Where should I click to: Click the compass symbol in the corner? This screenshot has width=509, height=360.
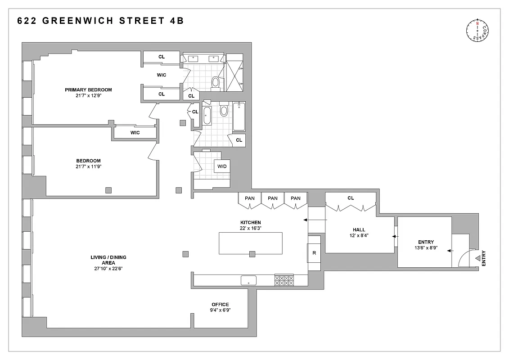pyautogui.click(x=477, y=31)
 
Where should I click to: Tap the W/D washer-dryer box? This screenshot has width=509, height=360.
pyautogui.click(x=222, y=167)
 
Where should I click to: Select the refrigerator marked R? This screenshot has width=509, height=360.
pyautogui.click(x=314, y=253)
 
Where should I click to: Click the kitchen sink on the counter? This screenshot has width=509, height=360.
pyautogui.click(x=248, y=280)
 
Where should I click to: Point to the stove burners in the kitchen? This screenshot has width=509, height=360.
pyautogui.click(x=284, y=280)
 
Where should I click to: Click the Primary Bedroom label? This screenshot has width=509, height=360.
pyautogui.click(x=88, y=90)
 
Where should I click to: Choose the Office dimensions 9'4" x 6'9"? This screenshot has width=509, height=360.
pyautogui.click(x=221, y=310)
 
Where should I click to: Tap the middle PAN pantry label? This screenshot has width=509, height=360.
pyautogui.click(x=273, y=198)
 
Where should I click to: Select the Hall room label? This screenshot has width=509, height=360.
pyautogui.click(x=359, y=229)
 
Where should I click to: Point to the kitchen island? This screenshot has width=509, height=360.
pyautogui.click(x=250, y=243)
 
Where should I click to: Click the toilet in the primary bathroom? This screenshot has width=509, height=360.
pyautogui.click(x=216, y=82)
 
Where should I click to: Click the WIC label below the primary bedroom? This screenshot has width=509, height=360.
pyautogui.click(x=135, y=133)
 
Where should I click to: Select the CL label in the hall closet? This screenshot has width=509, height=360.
pyautogui.click(x=351, y=198)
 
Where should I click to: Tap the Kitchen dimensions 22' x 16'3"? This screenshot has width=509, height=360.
pyautogui.click(x=250, y=228)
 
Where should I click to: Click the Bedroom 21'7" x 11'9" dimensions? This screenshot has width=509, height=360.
pyautogui.click(x=88, y=166)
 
